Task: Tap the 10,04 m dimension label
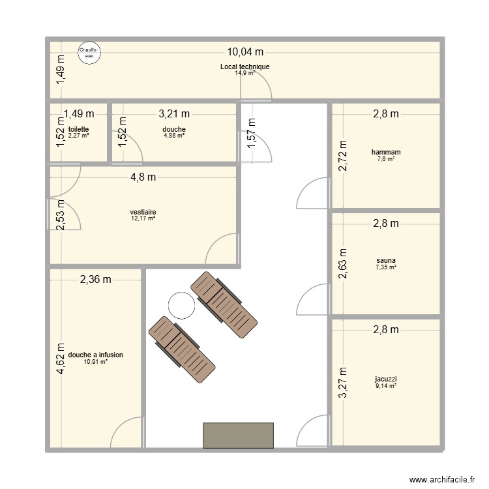coord(244,52)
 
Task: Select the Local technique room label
coord(244,67)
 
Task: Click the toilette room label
coord(78,129)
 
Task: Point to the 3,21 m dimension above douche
coord(174,115)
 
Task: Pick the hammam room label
coord(385,152)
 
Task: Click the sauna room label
coord(385,259)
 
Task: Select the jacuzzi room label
coord(385,378)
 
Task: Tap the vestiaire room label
coord(143,212)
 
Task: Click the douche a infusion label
coord(95,355)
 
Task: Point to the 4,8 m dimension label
coord(143,177)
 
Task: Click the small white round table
coord(181,304)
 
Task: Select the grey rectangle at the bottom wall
coord(238,435)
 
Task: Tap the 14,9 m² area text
coord(244,72)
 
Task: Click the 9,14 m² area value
coord(385,385)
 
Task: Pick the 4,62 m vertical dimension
coord(60,360)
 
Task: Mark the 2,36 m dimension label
coord(95,280)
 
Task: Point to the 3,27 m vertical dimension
coord(343,384)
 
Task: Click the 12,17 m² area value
coord(143,218)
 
